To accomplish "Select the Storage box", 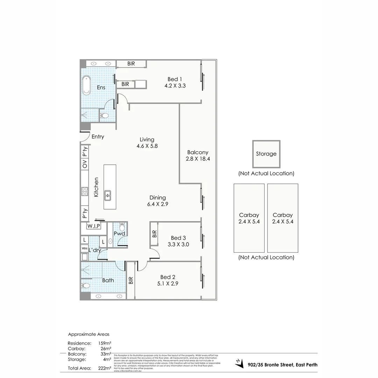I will [x=266, y=154].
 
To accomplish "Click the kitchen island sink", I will [x=108, y=195].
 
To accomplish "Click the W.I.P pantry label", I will [x=94, y=226].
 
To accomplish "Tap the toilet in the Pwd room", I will [x=122, y=226].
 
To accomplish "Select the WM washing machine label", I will [x=84, y=248].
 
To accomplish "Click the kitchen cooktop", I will [x=85, y=191].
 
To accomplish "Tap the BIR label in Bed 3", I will [x=154, y=234].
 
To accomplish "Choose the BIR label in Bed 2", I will [x=131, y=280].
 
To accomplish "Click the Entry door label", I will [x=98, y=136].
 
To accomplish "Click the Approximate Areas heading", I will [x=89, y=334].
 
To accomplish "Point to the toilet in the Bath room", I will [x=86, y=286].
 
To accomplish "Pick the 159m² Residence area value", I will [x=105, y=343].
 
